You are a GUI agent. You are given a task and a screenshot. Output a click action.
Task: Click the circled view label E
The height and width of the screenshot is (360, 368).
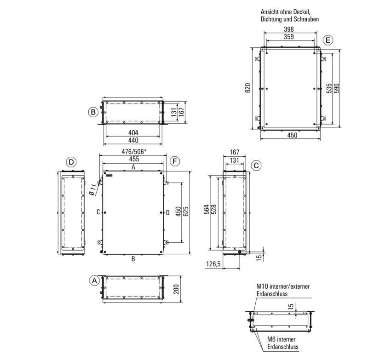[328, 40]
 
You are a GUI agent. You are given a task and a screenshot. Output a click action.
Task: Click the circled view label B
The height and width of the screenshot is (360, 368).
[93, 112]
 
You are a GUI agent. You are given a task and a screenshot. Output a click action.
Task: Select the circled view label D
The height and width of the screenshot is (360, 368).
[71, 162]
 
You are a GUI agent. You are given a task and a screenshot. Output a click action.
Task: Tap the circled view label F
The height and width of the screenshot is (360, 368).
[175, 161]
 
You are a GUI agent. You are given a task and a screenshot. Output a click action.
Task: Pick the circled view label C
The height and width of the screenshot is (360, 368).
[256, 166]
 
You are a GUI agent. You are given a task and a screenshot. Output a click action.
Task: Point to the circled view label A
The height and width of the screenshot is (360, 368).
[95, 280]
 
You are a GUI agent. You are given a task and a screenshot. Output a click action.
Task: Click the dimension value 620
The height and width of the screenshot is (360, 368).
[248, 88]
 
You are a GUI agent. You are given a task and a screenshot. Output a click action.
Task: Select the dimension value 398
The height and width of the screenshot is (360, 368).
[289, 29]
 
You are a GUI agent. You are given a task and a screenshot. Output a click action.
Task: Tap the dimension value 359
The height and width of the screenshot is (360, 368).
[289, 37]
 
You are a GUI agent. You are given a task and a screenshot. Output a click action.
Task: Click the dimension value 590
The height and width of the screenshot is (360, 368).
[337, 88]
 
